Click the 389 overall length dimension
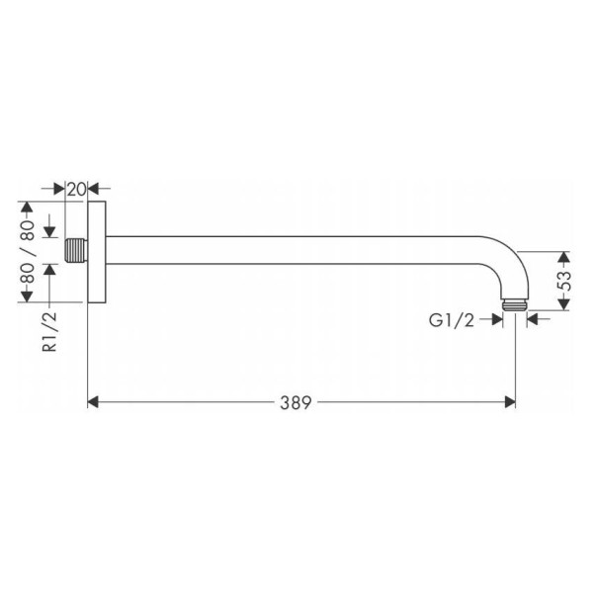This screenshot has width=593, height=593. click(296, 402)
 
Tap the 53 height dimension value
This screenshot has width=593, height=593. click(564, 281)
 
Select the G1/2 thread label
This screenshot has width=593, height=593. click(452, 320)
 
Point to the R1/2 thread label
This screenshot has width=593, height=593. click(49, 332)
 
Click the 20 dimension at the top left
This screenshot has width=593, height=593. click(77, 189)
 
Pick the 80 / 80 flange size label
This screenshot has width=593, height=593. click(28, 252)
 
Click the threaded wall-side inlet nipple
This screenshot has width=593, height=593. click(77, 250)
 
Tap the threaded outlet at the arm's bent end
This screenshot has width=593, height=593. click(515, 305)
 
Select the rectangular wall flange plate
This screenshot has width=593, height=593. click(97, 252)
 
